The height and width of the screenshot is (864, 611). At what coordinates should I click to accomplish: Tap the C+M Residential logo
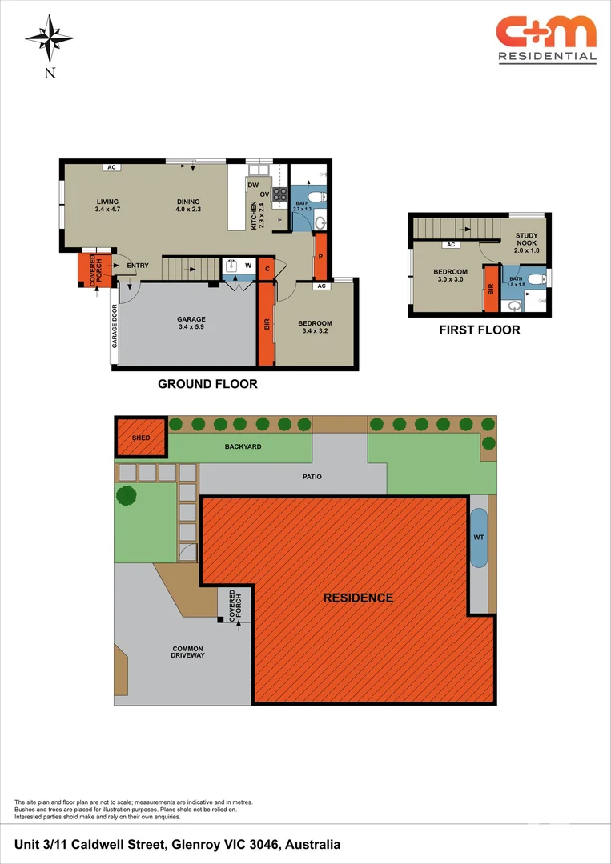(x=546, y=38)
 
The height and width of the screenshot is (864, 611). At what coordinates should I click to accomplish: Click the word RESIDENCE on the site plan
(x=358, y=598)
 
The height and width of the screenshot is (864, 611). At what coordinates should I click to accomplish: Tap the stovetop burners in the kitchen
(x=279, y=194)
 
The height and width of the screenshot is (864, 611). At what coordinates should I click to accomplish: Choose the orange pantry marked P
(x=320, y=257)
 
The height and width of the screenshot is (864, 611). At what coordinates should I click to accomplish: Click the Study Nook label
(x=527, y=242)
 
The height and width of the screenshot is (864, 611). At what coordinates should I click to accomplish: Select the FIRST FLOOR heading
(x=479, y=330)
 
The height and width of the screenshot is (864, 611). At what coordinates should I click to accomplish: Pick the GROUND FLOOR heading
(x=207, y=384)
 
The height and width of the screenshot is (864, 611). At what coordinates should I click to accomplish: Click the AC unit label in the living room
(x=111, y=167)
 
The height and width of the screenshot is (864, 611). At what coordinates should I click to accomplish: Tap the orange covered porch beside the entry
(x=91, y=270)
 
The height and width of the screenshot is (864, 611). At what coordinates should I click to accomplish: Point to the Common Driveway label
(x=187, y=652)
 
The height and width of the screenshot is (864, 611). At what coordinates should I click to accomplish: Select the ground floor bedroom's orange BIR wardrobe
(x=265, y=325)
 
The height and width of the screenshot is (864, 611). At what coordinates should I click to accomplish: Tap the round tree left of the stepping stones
(x=127, y=495)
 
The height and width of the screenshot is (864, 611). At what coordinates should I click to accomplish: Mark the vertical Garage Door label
(x=114, y=337)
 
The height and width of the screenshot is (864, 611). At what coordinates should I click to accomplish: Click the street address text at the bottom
(x=178, y=844)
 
